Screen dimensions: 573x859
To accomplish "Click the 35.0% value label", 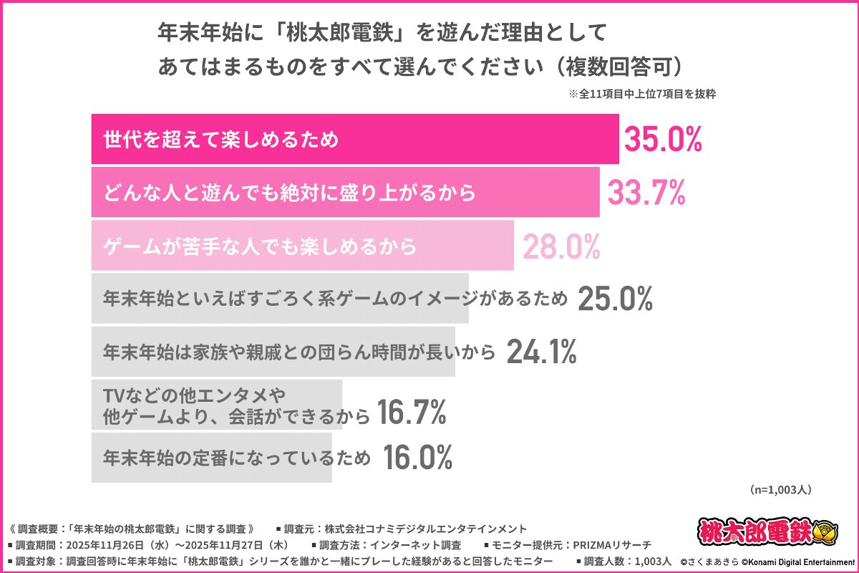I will (663, 140).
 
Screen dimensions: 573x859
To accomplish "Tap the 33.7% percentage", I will (647, 192).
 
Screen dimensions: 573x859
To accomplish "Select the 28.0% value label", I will (561, 246).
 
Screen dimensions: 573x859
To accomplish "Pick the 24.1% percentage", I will (542, 352).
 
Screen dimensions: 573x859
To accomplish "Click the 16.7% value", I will (412, 413).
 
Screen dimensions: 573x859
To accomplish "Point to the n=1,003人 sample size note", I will (781, 490).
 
